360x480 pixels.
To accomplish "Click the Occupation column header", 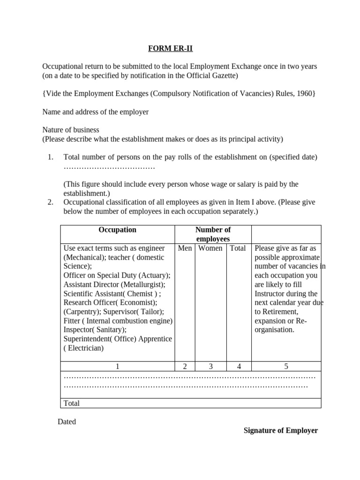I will coord(117,230).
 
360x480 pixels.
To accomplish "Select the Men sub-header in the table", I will coord(185,248).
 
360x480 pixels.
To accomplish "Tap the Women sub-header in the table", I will coord(210,248).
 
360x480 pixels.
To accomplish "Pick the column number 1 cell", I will coord(117,367).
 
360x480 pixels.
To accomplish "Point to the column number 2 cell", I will coord(185,367).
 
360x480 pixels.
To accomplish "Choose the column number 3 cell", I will coord(210,367).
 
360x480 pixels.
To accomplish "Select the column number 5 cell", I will coord(286,367).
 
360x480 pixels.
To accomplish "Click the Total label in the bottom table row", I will coord(71,403).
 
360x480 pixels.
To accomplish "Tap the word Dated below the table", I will coord(67,421).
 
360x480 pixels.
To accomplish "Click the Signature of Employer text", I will coord(281,430).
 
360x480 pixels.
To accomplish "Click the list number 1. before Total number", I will coord(51,157).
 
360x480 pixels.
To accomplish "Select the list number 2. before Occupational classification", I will coord(51,202).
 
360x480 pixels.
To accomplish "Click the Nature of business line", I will coord(71,130).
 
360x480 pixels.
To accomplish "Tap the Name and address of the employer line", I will coord(96,112).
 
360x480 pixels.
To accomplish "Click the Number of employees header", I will coord(213,234).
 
